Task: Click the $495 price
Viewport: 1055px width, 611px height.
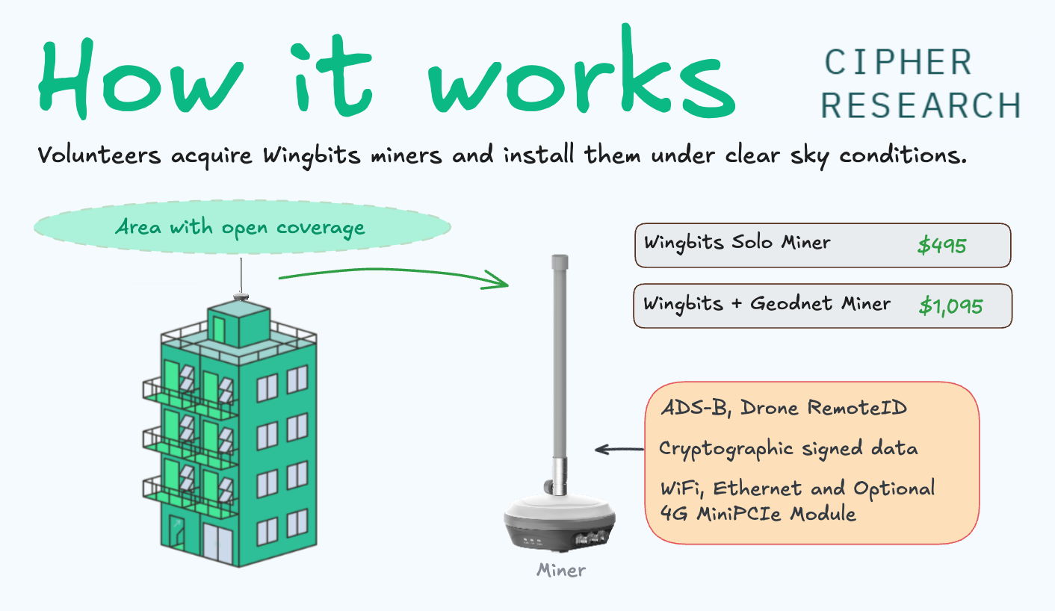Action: click(941, 246)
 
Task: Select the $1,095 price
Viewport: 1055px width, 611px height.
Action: click(950, 305)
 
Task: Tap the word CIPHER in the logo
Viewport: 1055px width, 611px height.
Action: click(898, 63)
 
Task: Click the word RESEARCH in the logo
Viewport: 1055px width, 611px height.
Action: click(921, 105)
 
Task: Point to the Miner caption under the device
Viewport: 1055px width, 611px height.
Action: click(561, 571)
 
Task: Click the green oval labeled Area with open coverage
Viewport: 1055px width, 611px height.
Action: click(241, 227)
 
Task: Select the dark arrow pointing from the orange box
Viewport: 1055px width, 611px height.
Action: click(619, 450)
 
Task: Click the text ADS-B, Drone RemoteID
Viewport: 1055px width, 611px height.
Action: click(784, 408)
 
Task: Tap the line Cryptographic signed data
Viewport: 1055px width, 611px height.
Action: click(788, 449)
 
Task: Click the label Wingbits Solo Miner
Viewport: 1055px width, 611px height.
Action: click(737, 243)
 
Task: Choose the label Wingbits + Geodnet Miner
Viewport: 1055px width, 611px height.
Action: click(767, 304)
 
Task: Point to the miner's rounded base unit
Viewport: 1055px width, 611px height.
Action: click(560, 523)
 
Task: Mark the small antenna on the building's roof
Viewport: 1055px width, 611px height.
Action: click(241, 280)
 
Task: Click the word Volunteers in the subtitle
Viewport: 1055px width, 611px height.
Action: click(99, 157)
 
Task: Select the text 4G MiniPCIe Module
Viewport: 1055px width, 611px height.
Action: click(758, 514)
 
